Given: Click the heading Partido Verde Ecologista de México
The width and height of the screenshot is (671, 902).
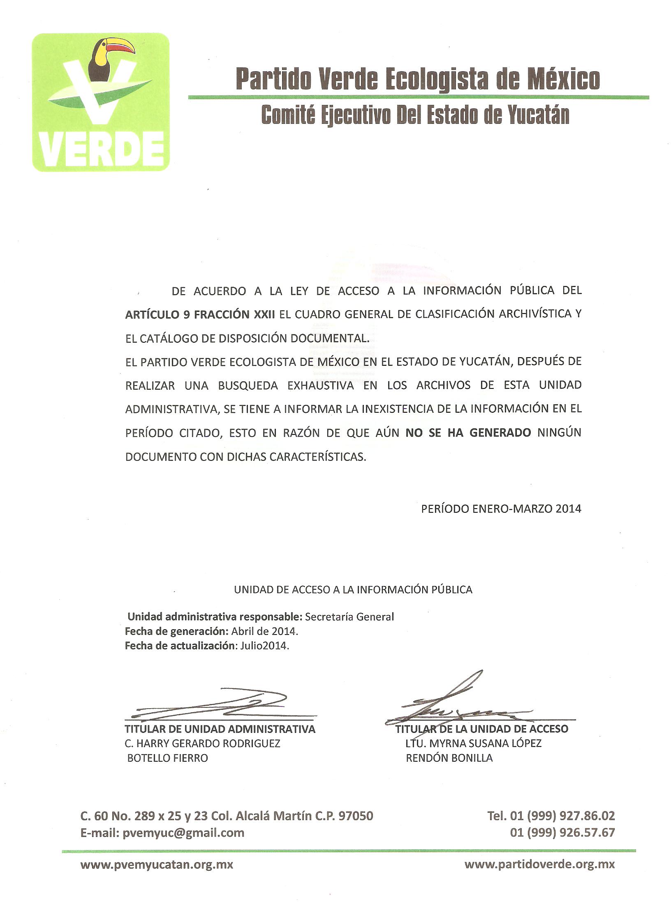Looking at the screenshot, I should click(x=418, y=79).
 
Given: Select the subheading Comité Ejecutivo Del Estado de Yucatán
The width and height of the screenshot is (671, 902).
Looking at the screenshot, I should click(x=415, y=115).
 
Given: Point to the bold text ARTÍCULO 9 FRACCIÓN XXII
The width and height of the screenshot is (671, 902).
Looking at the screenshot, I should click(x=200, y=315).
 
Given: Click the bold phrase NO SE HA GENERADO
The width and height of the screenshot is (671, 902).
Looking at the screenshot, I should click(x=468, y=433).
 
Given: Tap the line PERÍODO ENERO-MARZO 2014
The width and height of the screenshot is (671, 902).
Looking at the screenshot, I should click(x=501, y=509).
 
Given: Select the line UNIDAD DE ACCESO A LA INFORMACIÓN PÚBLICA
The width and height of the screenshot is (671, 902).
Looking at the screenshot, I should click(x=353, y=590).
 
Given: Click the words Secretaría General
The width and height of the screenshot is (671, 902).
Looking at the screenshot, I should click(x=349, y=617).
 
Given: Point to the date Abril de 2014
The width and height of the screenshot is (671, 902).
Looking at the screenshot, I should click(x=264, y=631).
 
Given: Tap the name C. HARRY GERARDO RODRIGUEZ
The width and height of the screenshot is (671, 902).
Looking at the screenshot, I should click(x=202, y=744).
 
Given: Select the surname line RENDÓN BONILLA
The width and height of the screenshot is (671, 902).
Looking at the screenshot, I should click(x=449, y=758).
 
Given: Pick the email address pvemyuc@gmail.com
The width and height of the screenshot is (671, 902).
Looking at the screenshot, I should click(x=183, y=833).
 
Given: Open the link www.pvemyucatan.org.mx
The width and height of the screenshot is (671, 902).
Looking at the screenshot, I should click(x=157, y=864).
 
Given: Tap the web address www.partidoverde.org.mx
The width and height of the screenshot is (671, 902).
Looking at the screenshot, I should click(x=539, y=864).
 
